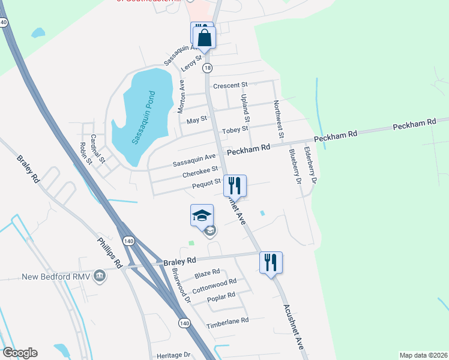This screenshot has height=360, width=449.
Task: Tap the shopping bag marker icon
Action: pyautogui.click(x=205, y=37)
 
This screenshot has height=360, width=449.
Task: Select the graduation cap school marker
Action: pyautogui.click(x=202, y=215)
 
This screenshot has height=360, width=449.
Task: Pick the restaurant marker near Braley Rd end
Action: pyautogui.click(x=271, y=262)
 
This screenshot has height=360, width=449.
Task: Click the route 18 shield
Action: pyautogui.click(x=207, y=68)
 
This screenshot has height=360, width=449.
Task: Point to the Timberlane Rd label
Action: pyautogui.click(x=227, y=322)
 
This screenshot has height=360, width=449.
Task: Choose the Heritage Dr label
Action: pyautogui.click(x=173, y=355)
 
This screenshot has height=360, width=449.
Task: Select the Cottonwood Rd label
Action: pyautogui.click(x=218, y=283)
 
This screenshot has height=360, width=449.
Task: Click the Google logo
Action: pyautogui.click(x=20, y=353)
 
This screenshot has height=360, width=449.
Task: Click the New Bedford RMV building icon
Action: pyautogui.click(x=100, y=277)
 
